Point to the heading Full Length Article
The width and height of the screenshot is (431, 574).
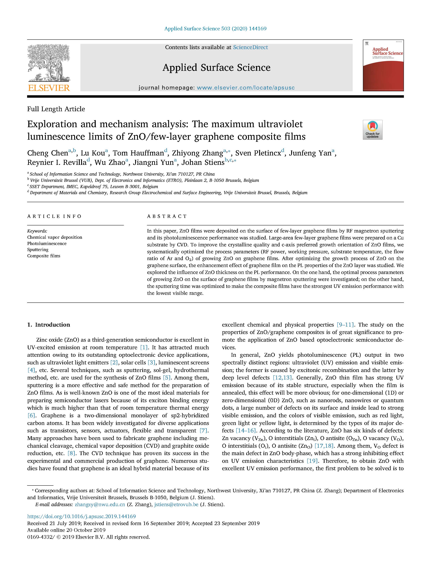point(56,109)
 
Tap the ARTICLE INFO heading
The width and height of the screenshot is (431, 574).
point(54,216)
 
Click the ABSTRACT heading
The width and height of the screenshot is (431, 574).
point(167,216)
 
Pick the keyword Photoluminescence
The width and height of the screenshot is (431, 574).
point(47,243)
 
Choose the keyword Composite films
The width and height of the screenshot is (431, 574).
point(44,256)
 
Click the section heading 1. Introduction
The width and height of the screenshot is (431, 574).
point(49,325)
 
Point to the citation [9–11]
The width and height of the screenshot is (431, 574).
point(345,325)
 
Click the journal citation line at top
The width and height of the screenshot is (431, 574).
point(215,29)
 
